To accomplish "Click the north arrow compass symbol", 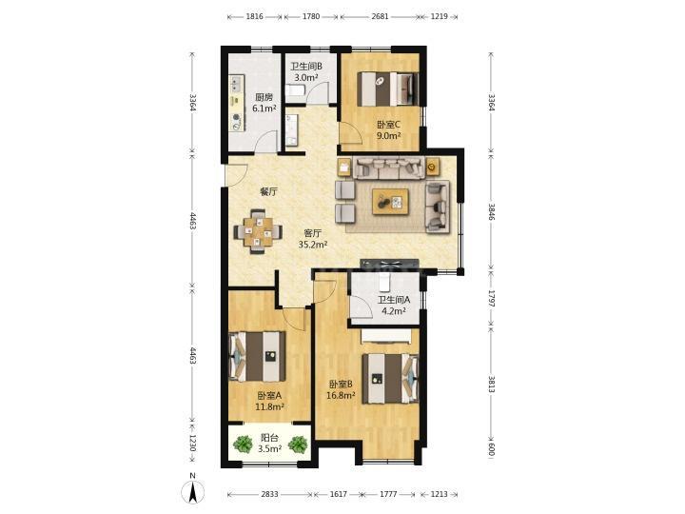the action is pyautogui.click(x=192, y=490).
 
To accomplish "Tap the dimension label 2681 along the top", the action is pyautogui.click(x=380, y=16).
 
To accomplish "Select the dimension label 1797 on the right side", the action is pyautogui.click(x=492, y=298).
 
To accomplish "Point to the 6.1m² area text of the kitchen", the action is pyautogui.click(x=264, y=109).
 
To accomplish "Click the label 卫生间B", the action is pyautogui.click(x=306, y=67).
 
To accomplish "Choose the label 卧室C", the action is pyautogui.click(x=388, y=125).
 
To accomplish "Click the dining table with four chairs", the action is pyautogui.click(x=258, y=231).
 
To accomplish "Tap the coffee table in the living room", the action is pyautogui.click(x=390, y=202).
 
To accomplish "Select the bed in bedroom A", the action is pyautogui.click(x=257, y=356).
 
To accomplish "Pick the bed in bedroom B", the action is pyautogui.click(x=390, y=379).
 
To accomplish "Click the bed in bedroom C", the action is pyautogui.click(x=387, y=89).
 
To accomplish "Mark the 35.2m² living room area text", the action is pyautogui.click(x=313, y=245).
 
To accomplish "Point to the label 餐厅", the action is pyautogui.click(x=268, y=191).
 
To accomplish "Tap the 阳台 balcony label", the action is pyautogui.click(x=269, y=438).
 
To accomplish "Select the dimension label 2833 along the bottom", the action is pyautogui.click(x=269, y=494).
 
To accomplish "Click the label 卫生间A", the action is pyautogui.click(x=394, y=300).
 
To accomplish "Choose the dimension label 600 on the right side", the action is pyautogui.click(x=492, y=449).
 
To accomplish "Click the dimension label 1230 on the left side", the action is pyautogui.click(x=192, y=443).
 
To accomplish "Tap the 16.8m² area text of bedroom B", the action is pyautogui.click(x=341, y=396).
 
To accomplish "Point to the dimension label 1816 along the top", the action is pyautogui.click(x=255, y=16).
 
